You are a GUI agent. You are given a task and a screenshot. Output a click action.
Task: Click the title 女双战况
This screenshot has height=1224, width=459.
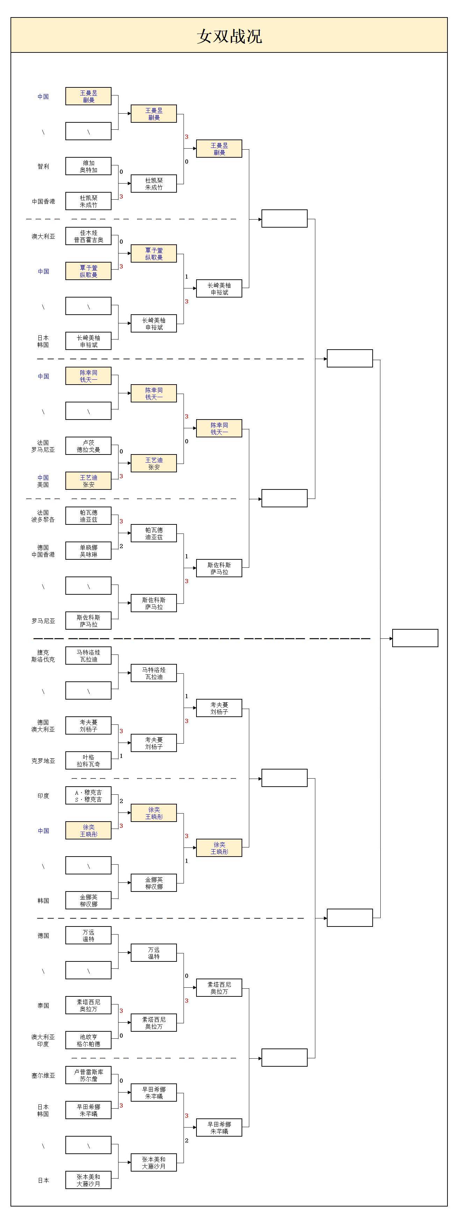(x=229, y=36)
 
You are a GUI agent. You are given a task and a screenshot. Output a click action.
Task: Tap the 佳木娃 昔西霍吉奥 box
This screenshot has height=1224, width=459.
(x=88, y=236)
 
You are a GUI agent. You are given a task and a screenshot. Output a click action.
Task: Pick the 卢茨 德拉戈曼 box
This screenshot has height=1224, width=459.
(x=88, y=446)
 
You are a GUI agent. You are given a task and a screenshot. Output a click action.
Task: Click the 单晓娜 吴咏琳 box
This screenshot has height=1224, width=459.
(x=88, y=551)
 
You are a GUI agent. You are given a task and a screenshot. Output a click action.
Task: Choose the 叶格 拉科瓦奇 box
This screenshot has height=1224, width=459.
(x=88, y=760)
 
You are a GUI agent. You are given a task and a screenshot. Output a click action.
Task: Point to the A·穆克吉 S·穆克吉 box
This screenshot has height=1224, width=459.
(x=88, y=795)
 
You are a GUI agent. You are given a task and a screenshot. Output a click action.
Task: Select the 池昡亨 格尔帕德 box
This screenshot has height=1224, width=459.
(x=88, y=1040)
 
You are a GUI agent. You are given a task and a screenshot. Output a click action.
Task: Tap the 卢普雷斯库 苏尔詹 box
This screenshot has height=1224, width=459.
(x=88, y=1075)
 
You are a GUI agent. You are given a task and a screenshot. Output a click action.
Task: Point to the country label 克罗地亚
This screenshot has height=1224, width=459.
(x=43, y=761)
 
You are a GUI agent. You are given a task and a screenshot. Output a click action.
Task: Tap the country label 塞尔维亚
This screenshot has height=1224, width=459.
(x=43, y=1075)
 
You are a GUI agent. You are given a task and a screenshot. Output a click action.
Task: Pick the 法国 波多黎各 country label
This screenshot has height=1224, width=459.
(x=43, y=516)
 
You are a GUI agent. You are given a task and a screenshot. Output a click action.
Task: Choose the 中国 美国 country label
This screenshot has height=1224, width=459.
(x=43, y=481)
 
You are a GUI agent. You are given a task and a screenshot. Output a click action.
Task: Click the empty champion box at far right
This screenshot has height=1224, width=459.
(x=415, y=638)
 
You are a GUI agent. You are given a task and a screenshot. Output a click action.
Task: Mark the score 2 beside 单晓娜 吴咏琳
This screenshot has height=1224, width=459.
(x=121, y=546)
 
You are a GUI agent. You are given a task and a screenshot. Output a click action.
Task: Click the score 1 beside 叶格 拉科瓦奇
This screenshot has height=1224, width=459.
(x=121, y=756)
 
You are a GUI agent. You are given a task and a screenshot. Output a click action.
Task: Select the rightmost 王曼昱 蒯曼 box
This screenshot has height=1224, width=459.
(x=219, y=149)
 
